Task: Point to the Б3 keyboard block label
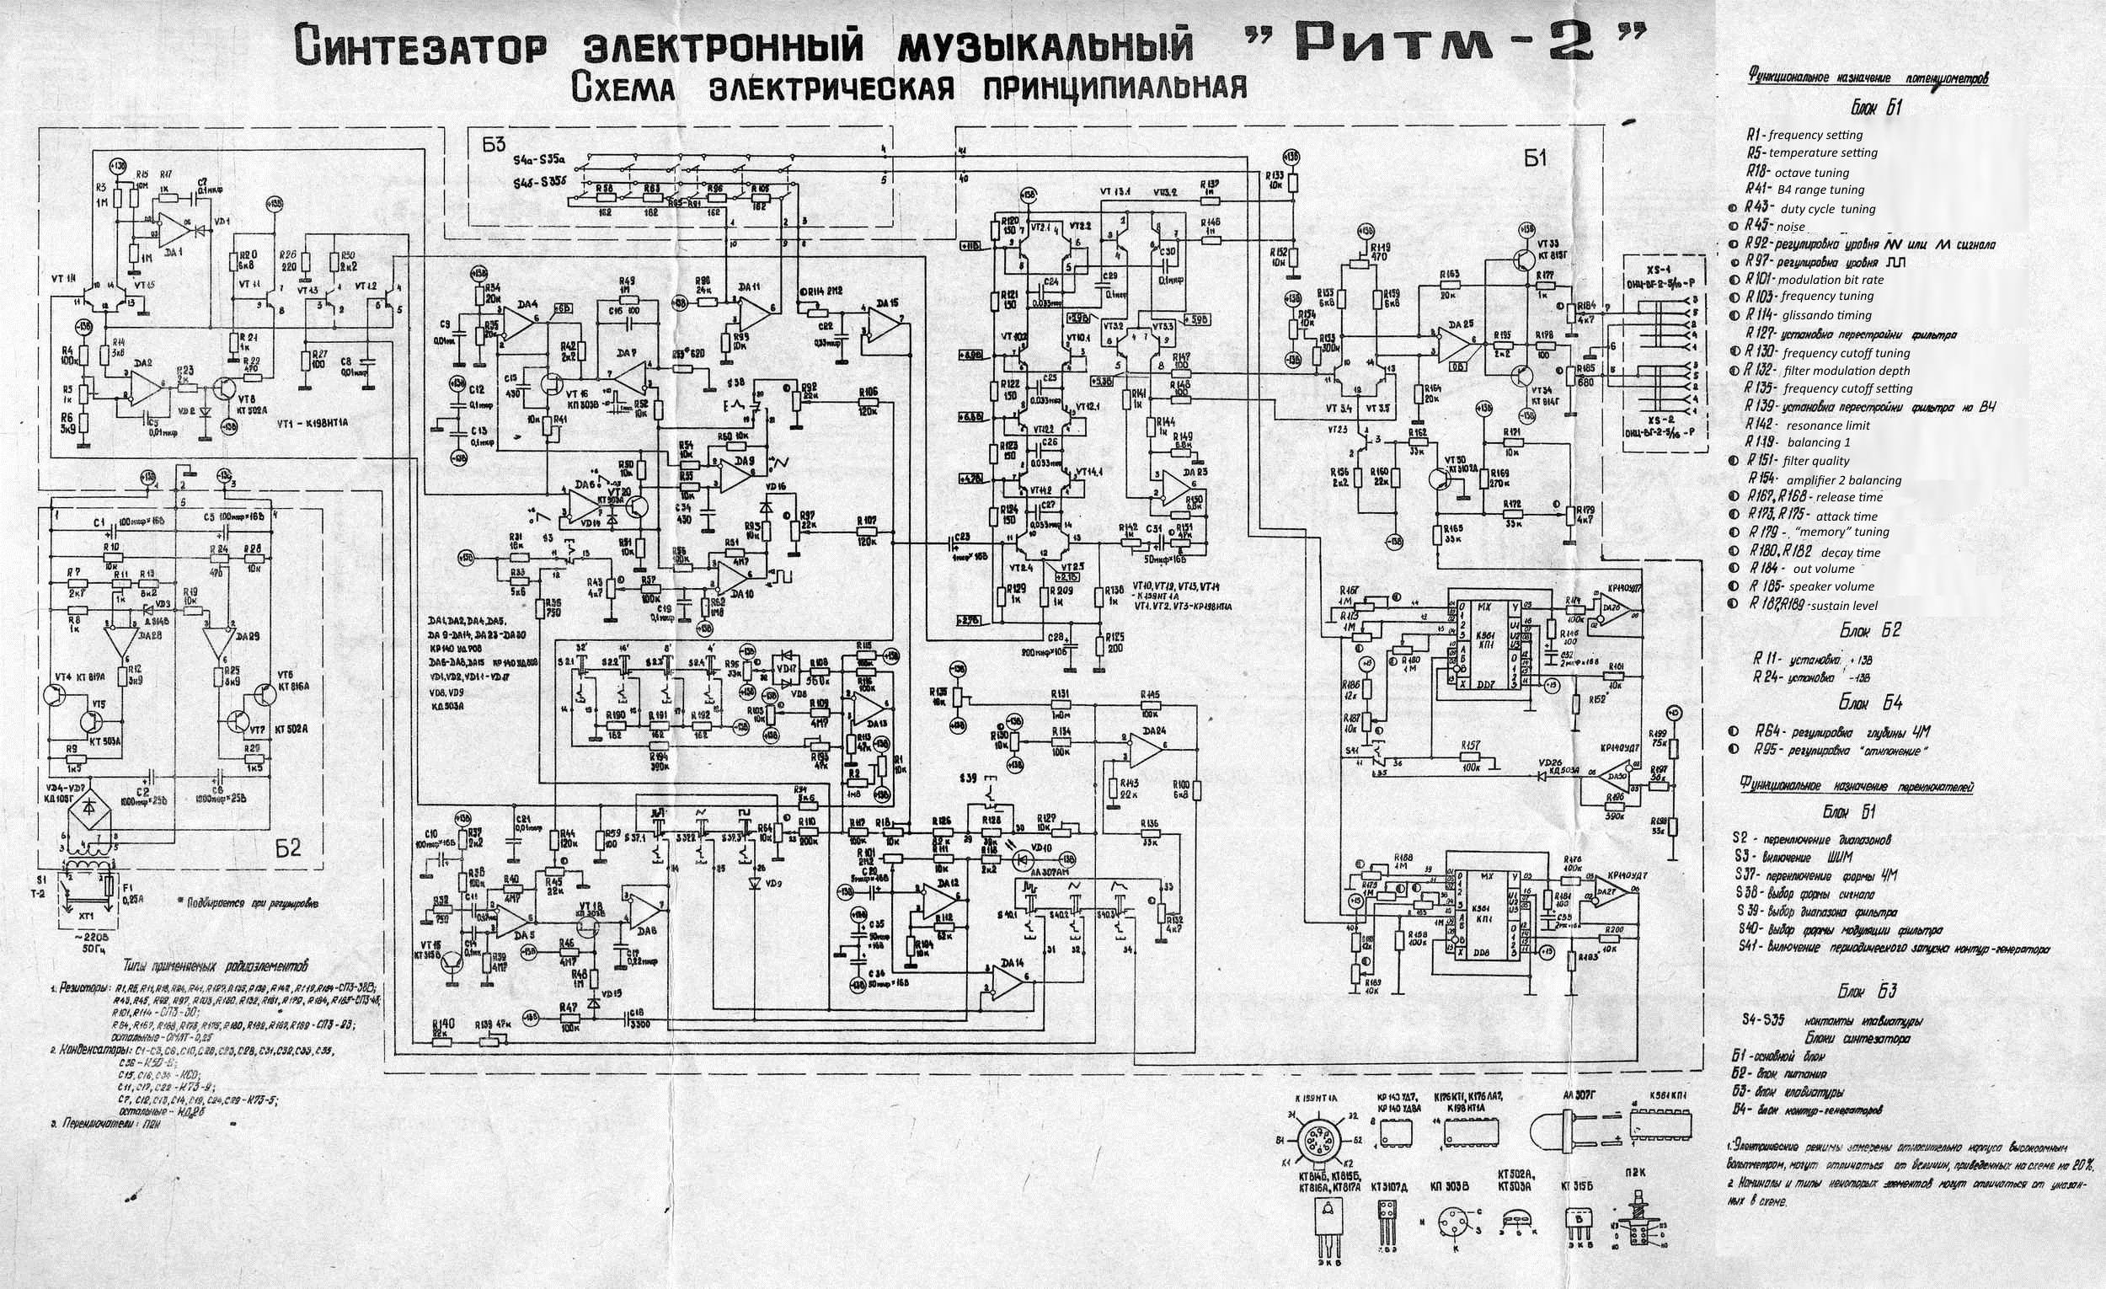pos(494,145)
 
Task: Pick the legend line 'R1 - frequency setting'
pos(1804,135)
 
